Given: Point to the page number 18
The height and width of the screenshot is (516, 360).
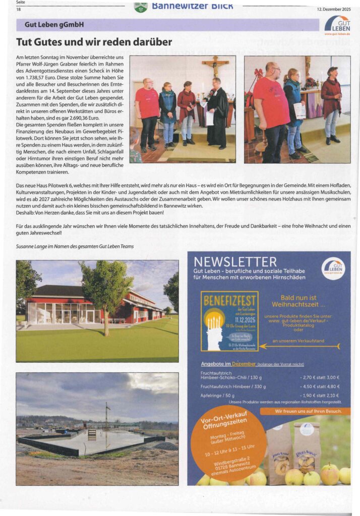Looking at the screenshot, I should pos(19,9).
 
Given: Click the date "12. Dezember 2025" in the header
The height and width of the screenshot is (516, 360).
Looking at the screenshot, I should pos(334,9).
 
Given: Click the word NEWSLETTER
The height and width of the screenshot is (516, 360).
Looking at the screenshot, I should pos(235,262).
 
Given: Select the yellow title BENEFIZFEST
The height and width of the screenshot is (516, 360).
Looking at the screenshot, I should pos(229,301).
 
